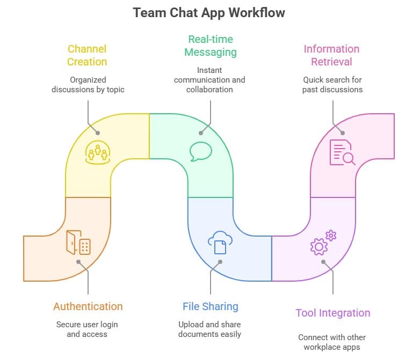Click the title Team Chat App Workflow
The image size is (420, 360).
[x=209, y=13]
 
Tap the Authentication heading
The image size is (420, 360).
[x=88, y=306]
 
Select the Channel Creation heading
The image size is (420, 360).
[x=87, y=55]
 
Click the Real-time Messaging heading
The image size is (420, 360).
[x=209, y=45]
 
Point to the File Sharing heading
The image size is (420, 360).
[x=210, y=306]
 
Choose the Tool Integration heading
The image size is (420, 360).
[x=332, y=313]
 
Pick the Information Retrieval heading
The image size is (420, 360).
[x=331, y=55]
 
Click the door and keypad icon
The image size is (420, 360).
[x=78, y=243]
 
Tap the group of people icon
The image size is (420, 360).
[x=97, y=152]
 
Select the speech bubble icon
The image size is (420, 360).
[x=201, y=151]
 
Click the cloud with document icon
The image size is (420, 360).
[x=220, y=242]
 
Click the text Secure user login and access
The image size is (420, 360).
[x=87, y=329]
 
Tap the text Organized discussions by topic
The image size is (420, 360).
[x=88, y=85]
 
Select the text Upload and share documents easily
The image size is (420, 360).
[x=209, y=329]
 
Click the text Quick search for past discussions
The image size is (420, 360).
[x=332, y=84]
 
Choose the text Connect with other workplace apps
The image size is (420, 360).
[x=332, y=342]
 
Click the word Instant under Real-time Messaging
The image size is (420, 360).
[x=209, y=70]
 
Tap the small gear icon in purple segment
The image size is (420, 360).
[x=331, y=235]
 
